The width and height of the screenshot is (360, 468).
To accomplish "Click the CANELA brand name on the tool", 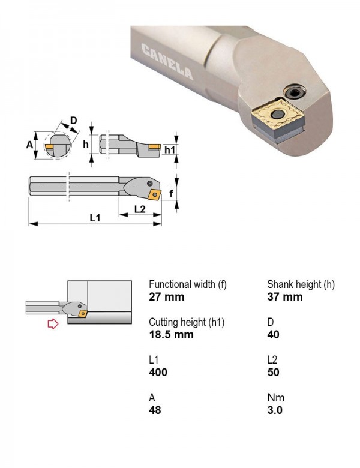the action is [167, 61].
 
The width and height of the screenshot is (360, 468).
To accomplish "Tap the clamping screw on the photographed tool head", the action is [295, 92].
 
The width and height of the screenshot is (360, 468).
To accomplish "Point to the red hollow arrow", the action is [53, 323].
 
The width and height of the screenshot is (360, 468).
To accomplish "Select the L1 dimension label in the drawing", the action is [95, 218].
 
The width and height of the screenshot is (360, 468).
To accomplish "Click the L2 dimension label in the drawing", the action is [140, 209].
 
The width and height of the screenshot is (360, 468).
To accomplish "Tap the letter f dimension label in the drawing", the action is [171, 193].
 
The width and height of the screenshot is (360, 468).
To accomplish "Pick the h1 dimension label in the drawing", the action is [170, 149].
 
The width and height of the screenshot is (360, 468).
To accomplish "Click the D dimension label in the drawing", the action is [73, 120].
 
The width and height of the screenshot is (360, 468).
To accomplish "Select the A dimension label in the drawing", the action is [29, 145].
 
